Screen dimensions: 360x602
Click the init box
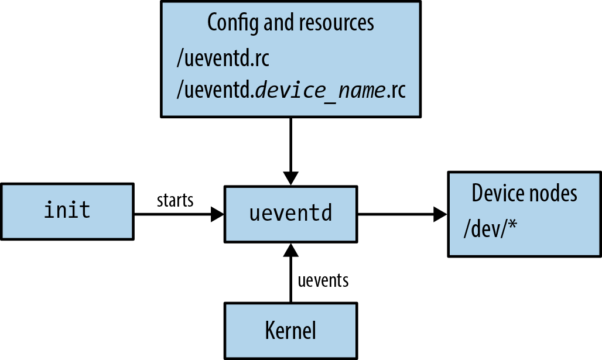pos(67,211)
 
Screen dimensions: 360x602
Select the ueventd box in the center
pos(290,214)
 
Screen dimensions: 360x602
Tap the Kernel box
pos(290,330)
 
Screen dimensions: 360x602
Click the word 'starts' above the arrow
pos(175,200)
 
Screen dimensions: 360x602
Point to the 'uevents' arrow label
pos(323,280)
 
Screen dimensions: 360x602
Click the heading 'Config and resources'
pos(290,23)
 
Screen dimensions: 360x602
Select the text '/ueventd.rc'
pos(223,59)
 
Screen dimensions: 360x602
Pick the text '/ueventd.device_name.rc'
pos(290,91)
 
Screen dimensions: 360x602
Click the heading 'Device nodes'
pos(525,194)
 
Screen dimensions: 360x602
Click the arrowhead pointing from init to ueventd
pos(217,215)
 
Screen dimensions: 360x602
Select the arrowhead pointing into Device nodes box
pos(440,215)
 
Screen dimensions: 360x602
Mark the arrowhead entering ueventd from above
pos(290,178)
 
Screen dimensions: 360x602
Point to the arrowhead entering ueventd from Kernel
pos(290,251)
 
